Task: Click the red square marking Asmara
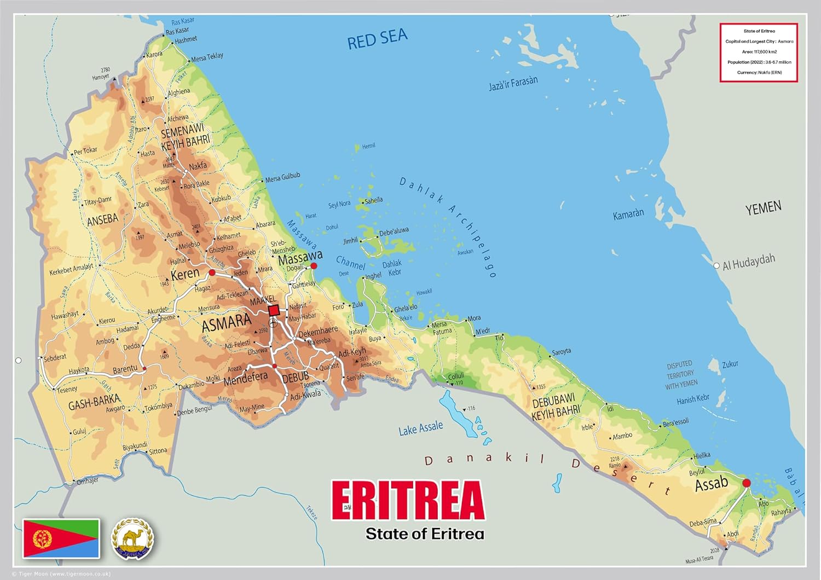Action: pyautogui.click(x=274, y=310)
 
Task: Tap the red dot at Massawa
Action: pyautogui.click(x=314, y=266)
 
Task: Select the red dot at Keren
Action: pyautogui.click(x=212, y=272)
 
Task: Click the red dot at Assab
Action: pyautogui.click(x=746, y=483)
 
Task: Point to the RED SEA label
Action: pyautogui.click(x=378, y=39)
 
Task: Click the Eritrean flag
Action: pyautogui.click(x=61, y=538)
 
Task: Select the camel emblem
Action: pyautogui.click(x=132, y=539)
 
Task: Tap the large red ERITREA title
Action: pyautogui.click(x=408, y=500)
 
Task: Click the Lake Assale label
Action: pyautogui.click(x=420, y=428)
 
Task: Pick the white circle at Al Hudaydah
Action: pyautogui.click(x=716, y=266)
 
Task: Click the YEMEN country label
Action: pyautogui.click(x=763, y=208)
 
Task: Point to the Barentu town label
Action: pyautogui.click(x=125, y=370)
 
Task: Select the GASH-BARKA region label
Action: pyautogui.click(x=94, y=402)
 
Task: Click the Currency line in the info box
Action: pyautogui.click(x=759, y=72)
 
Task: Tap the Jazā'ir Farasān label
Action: pyautogui.click(x=513, y=83)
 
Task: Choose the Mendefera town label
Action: pyautogui.click(x=245, y=378)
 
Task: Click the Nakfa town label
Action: pyautogui.click(x=198, y=166)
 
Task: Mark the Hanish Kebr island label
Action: pyautogui.click(x=693, y=399)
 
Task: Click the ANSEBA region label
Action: pyautogui.click(x=102, y=219)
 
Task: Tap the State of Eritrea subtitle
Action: pyautogui.click(x=425, y=533)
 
